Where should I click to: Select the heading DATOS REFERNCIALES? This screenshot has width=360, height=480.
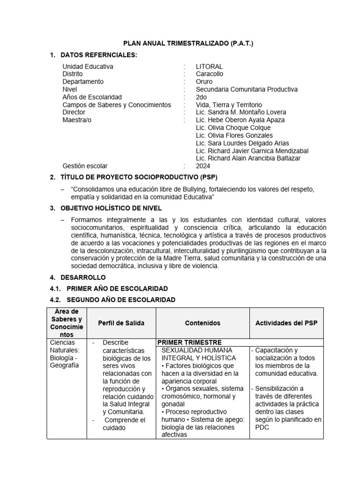tap(99, 55)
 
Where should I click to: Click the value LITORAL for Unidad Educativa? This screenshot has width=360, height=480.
tap(209, 67)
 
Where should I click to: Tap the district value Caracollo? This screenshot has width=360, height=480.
tap(210, 74)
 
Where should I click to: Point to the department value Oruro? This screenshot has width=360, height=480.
tap(204, 82)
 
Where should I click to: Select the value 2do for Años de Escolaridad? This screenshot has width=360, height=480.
tap(202, 97)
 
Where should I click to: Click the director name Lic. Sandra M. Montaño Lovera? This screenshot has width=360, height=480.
tap(240, 112)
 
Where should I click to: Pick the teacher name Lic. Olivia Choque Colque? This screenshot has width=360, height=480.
tap(233, 127)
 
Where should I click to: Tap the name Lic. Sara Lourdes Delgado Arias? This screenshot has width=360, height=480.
tap(242, 143)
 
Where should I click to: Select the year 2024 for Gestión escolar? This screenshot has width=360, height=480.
tap(203, 166)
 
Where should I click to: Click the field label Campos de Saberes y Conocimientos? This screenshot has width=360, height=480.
tap(117, 105)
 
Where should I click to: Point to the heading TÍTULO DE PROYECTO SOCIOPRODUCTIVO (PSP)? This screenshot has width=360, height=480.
tap(139, 178)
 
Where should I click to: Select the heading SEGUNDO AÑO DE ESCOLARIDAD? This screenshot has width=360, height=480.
tap(121, 300)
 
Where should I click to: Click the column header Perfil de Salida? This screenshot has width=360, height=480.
tap(121, 323)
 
